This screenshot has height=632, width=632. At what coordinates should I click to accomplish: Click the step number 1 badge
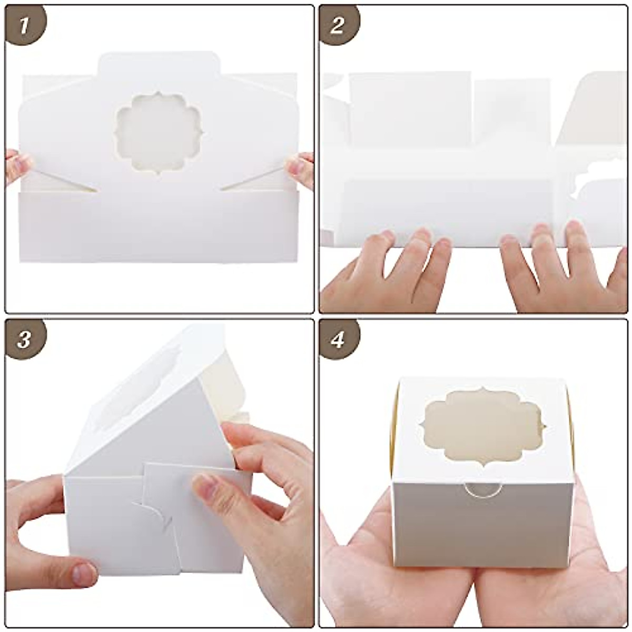pos(24,25)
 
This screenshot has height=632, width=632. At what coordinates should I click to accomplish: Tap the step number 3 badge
pos(24,340)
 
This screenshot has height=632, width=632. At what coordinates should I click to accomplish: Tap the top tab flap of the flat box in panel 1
pos(158,66)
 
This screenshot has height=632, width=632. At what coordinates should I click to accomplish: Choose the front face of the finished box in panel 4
pos(482,527)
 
